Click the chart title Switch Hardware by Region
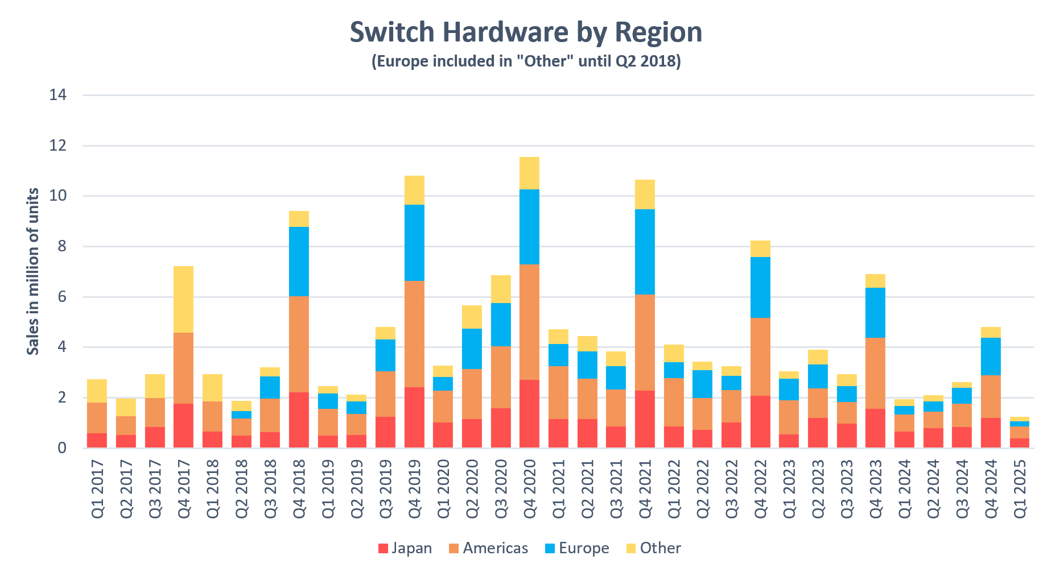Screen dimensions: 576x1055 pos(526,32)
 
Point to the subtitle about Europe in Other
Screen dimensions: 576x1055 pos(526,61)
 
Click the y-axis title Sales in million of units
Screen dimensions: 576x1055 pos(33,271)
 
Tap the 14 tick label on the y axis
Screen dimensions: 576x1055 pos(57,95)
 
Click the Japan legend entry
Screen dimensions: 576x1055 pos(405,548)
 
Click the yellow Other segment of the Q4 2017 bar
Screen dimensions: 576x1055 pos(183,299)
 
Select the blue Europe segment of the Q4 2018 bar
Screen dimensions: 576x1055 pos(299,262)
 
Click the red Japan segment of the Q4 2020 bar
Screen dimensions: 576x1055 pos(529,413)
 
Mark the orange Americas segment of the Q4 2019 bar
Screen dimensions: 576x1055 pos(414,334)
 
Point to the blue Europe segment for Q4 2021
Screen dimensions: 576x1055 pos(645,251)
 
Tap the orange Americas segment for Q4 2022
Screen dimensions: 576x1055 pos(760,357)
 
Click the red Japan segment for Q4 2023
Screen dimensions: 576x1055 pos(875,428)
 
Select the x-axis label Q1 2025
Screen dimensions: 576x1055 pos(1020,488)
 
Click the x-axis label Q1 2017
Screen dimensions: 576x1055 pos(97,488)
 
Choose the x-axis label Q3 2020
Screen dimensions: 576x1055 pos(501,488)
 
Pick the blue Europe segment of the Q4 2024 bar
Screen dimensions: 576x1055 pos(991,357)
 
